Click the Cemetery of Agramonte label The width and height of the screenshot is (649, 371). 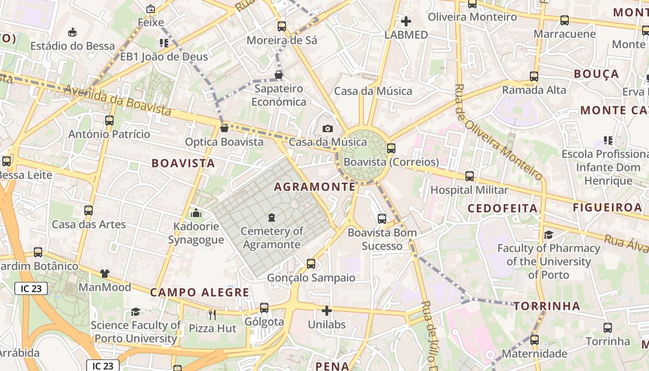(272, 238)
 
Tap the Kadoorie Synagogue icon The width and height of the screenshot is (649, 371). (196, 213)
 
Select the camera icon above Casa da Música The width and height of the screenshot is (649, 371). (328, 128)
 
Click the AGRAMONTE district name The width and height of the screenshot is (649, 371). (315, 187)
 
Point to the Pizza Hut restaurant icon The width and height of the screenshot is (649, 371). (212, 314)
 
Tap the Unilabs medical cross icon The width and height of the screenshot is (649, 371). (327, 310)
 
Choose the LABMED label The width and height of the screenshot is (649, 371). (406, 35)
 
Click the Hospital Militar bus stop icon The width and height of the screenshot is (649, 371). (470, 176)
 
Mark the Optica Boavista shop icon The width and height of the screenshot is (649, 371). (224, 128)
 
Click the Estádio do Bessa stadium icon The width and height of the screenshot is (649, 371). (72, 32)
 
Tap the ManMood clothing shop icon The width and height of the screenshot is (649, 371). (105, 274)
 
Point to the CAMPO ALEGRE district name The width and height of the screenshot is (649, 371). (200, 293)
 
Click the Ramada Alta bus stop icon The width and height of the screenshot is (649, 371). (534, 77)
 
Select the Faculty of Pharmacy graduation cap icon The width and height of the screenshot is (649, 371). (548, 235)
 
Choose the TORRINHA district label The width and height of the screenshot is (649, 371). (547, 306)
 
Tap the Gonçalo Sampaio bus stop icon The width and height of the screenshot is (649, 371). (311, 264)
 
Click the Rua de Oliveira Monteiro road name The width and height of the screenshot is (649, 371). (498, 133)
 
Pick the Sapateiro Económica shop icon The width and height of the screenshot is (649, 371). (279, 75)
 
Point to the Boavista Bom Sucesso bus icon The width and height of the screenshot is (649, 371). (382, 219)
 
